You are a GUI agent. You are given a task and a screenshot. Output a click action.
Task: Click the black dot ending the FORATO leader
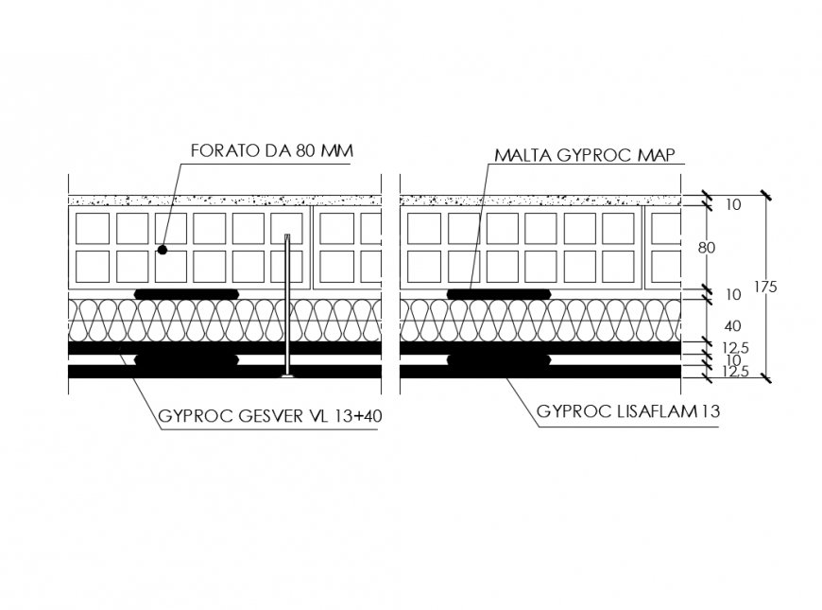point(163,251)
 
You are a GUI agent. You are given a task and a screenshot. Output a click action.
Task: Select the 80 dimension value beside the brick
point(706,248)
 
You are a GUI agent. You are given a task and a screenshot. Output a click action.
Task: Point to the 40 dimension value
point(706,325)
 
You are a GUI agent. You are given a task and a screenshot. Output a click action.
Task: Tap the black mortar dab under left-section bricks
point(186,294)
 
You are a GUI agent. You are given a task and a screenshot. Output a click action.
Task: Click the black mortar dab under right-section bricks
point(498,294)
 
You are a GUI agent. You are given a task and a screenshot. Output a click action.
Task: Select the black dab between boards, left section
point(186,360)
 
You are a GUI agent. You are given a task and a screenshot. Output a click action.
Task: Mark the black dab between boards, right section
point(498,360)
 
